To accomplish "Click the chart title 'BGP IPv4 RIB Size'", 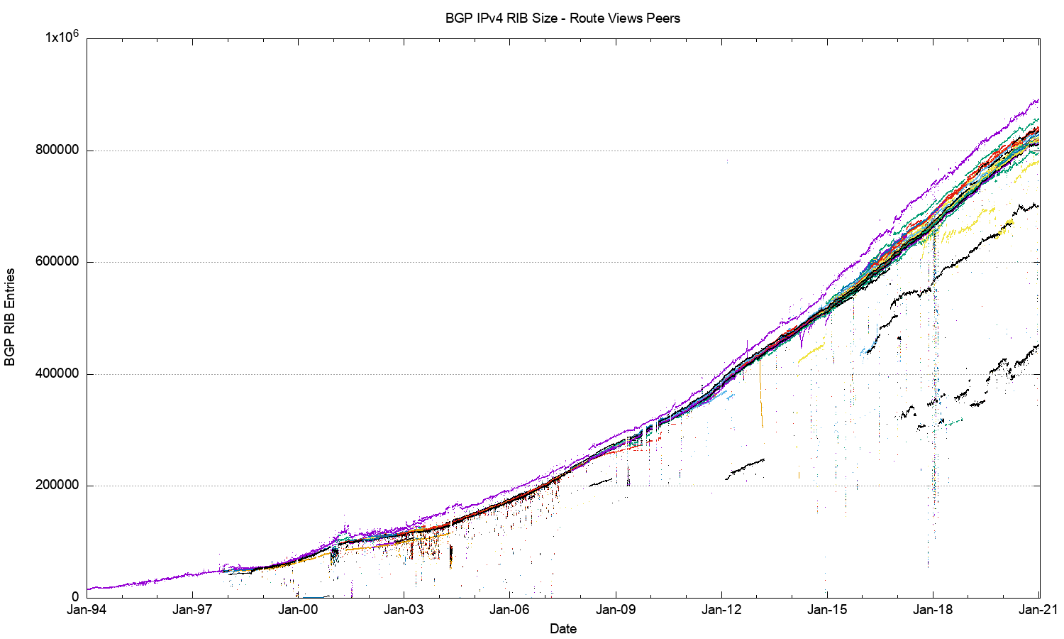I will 501,18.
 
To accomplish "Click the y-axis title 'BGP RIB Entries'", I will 10,317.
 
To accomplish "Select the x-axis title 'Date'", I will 563,628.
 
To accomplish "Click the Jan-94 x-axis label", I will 87,609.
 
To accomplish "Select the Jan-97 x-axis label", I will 192,609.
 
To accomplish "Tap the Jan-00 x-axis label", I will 298,609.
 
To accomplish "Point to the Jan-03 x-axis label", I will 404,609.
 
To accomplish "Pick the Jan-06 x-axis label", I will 509,609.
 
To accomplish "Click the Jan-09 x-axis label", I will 615,609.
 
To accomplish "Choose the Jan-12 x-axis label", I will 721,609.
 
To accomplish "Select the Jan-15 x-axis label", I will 827,609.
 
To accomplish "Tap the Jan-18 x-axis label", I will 933,609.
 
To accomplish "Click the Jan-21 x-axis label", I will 1038,609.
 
